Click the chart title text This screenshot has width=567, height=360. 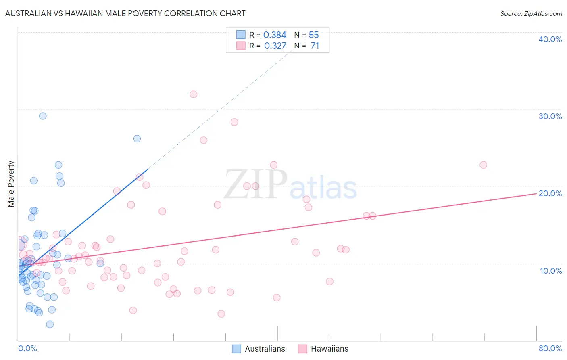tap(125, 13)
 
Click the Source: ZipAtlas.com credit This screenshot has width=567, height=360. tap(531, 13)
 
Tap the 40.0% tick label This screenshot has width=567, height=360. tap(550, 39)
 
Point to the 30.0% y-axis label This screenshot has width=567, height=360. tap(550, 116)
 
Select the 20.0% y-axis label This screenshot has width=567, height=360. tap(550, 193)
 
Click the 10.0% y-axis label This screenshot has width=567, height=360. tap(551, 271)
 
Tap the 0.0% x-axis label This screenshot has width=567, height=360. tap(27, 348)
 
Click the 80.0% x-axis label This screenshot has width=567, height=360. tap(550, 348)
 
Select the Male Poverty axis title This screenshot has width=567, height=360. tap(11, 184)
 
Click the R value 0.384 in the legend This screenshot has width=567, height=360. tap(275, 35)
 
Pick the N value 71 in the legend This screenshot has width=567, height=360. tap(315, 46)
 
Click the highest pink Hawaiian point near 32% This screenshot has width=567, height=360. tap(194, 94)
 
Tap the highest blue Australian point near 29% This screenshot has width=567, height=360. tap(43, 116)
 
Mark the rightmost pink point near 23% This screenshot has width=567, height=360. tap(483, 165)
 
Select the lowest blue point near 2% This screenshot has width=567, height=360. tap(50, 324)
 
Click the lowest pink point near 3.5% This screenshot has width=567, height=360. tap(221, 314)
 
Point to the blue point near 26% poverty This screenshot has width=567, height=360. tap(137, 139)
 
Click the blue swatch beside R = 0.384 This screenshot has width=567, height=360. tap(241, 35)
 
